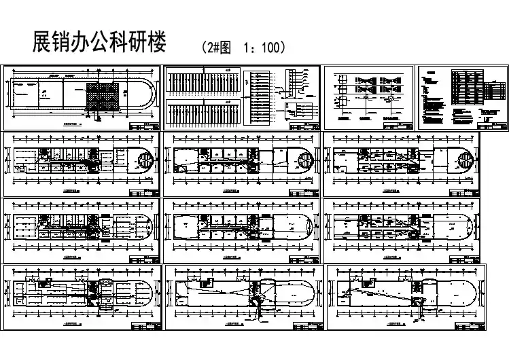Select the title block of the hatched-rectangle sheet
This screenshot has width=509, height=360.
click(x=145, y=126)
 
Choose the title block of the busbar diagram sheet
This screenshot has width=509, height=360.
click(x=306, y=126)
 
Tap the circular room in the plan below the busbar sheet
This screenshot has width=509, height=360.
click(x=304, y=163)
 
